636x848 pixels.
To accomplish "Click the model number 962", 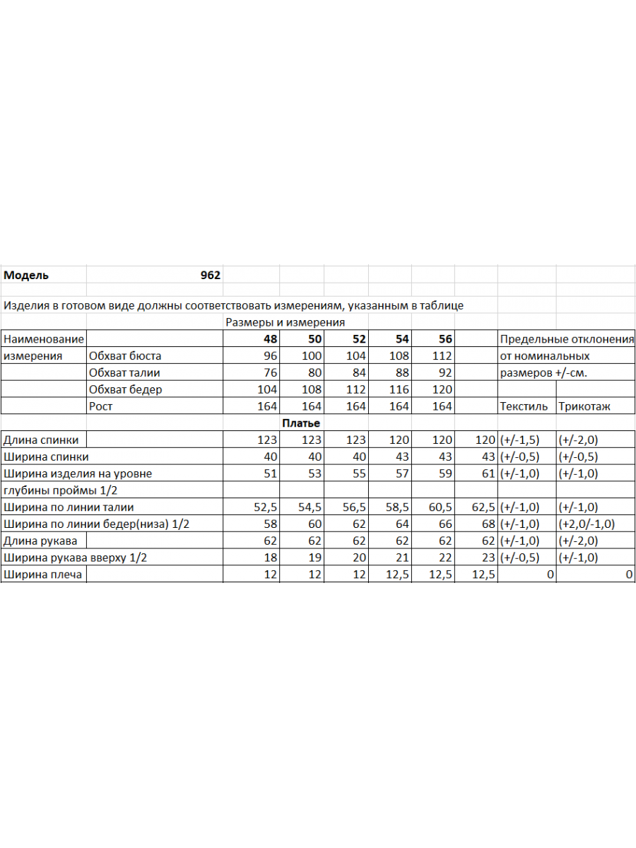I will pyautogui.click(x=210, y=276).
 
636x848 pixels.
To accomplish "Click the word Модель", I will pyautogui.click(x=26, y=276).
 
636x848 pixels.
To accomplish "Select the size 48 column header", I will pyautogui.click(x=270, y=339).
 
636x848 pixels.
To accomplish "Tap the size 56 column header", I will pyautogui.click(x=444, y=339).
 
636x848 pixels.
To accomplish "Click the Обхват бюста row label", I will pyautogui.click(x=125, y=356).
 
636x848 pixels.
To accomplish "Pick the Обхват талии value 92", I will pyautogui.click(x=442, y=372).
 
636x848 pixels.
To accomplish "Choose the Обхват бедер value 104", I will pyautogui.click(x=267, y=389).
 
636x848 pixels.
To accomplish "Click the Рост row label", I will pyautogui.click(x=100, y=406).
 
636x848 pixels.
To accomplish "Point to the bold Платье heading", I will pyautogui.click(x=301, y=423).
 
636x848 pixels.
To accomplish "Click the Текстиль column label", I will pyautogui.click(x=523, y=406).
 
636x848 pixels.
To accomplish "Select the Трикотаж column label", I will pyautogui.click(x=584, y=406).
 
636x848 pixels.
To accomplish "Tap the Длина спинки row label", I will pyautogui.click(x=41, y=440).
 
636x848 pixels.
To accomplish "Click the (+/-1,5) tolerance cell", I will pyautogui.click(x=519, y=440).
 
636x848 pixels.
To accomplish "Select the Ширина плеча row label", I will pyautogui.click(x=42, y=575).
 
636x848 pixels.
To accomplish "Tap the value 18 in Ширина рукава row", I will pyautogui.click(x=270, y=558).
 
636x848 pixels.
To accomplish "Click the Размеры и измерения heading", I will pyautogui.click(x=285, y=322).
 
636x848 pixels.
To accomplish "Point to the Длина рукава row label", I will pyautogui.click(x=40, y=541).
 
